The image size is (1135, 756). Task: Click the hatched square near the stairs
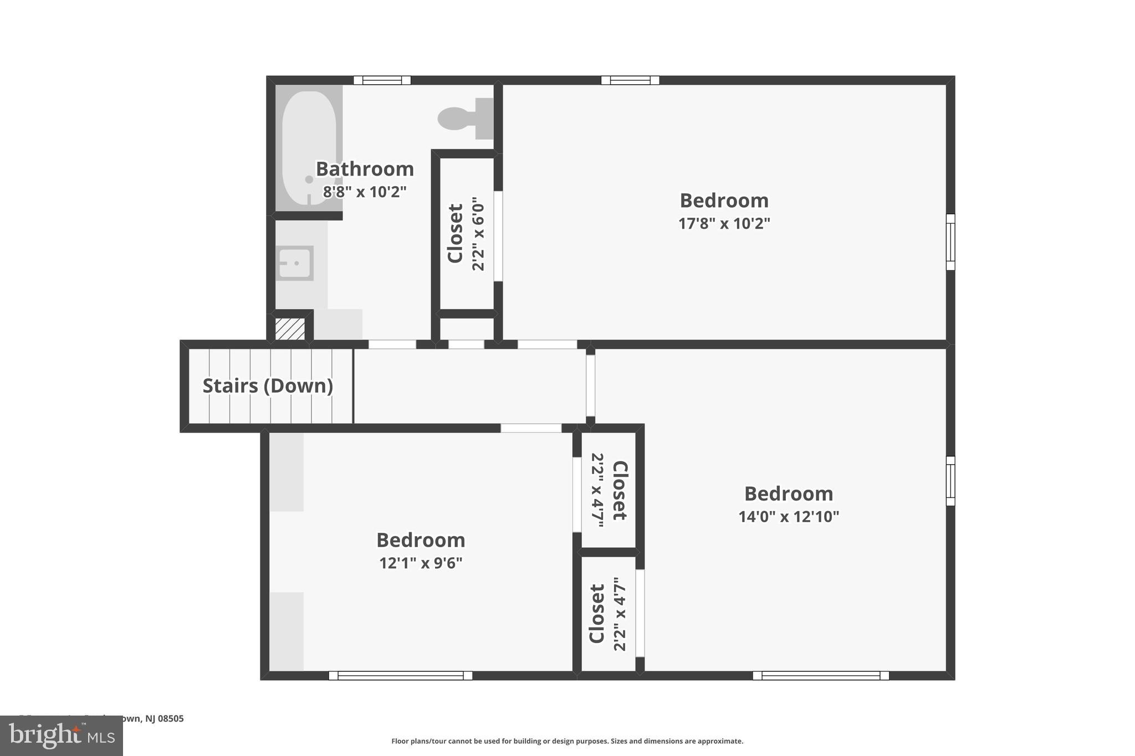point(290,329)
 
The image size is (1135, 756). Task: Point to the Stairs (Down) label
point(268,386)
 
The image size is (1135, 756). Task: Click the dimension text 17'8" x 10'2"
point(724,224)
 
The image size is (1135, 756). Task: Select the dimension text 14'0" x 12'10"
point(788,517)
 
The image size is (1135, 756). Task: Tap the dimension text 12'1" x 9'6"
point(421,563)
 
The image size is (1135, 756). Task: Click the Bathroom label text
point(365,169)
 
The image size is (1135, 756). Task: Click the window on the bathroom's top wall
point(382,80)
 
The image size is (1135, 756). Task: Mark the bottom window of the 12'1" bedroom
point(400,675)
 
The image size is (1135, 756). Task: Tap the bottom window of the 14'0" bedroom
point(821,675)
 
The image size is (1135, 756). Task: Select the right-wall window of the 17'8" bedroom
point(950,241)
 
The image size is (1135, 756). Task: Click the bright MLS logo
point(62,736)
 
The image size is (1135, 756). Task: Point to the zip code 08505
point(171,718)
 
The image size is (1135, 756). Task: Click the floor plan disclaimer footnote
point(567,741)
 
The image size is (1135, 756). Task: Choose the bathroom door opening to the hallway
point(392,344)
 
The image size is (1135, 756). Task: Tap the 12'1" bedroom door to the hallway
point(531,428)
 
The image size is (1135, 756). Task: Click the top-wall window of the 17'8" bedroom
point(630,80)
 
